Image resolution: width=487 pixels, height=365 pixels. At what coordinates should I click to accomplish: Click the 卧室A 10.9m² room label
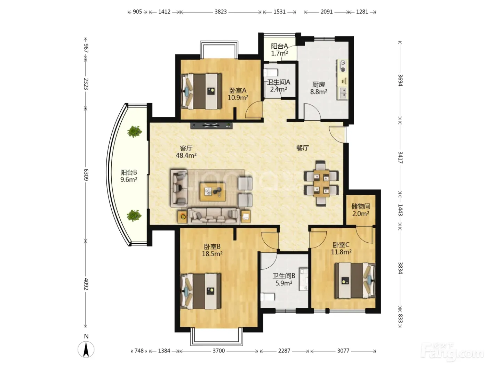tap(238, 94)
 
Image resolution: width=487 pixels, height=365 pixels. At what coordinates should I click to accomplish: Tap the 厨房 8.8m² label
tap(319, 88)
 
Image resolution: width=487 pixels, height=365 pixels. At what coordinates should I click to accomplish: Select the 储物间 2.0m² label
tap(361, 210)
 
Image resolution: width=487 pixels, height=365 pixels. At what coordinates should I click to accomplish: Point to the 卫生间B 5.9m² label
tap(284, 279)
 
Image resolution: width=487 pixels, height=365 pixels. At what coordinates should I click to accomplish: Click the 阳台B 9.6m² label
tap(129, 176)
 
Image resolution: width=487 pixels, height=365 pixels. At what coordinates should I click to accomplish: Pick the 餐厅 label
tap(303, 148)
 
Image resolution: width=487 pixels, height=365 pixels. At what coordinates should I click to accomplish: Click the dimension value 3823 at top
tap(221, 12)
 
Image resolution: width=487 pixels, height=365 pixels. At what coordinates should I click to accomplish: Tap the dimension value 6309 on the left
tap(86, 175)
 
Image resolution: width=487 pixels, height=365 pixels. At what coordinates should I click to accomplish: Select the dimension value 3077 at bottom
tap(343, 351)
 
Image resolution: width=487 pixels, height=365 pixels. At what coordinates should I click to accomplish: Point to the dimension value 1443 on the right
tap(400, 210)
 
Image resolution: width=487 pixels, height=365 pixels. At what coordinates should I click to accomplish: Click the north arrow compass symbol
tap(86, 349)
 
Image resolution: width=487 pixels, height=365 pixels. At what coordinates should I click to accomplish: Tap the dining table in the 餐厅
tap(321, 184)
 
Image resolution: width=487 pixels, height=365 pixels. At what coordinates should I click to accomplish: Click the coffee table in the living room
tap(213, 192)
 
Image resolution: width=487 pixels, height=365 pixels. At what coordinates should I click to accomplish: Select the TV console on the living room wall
tap(211, 125)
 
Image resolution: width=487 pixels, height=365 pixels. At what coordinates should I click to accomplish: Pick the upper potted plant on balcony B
tap(135, 131)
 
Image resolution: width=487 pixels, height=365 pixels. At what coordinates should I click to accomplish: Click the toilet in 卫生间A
tap(271, 72)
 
